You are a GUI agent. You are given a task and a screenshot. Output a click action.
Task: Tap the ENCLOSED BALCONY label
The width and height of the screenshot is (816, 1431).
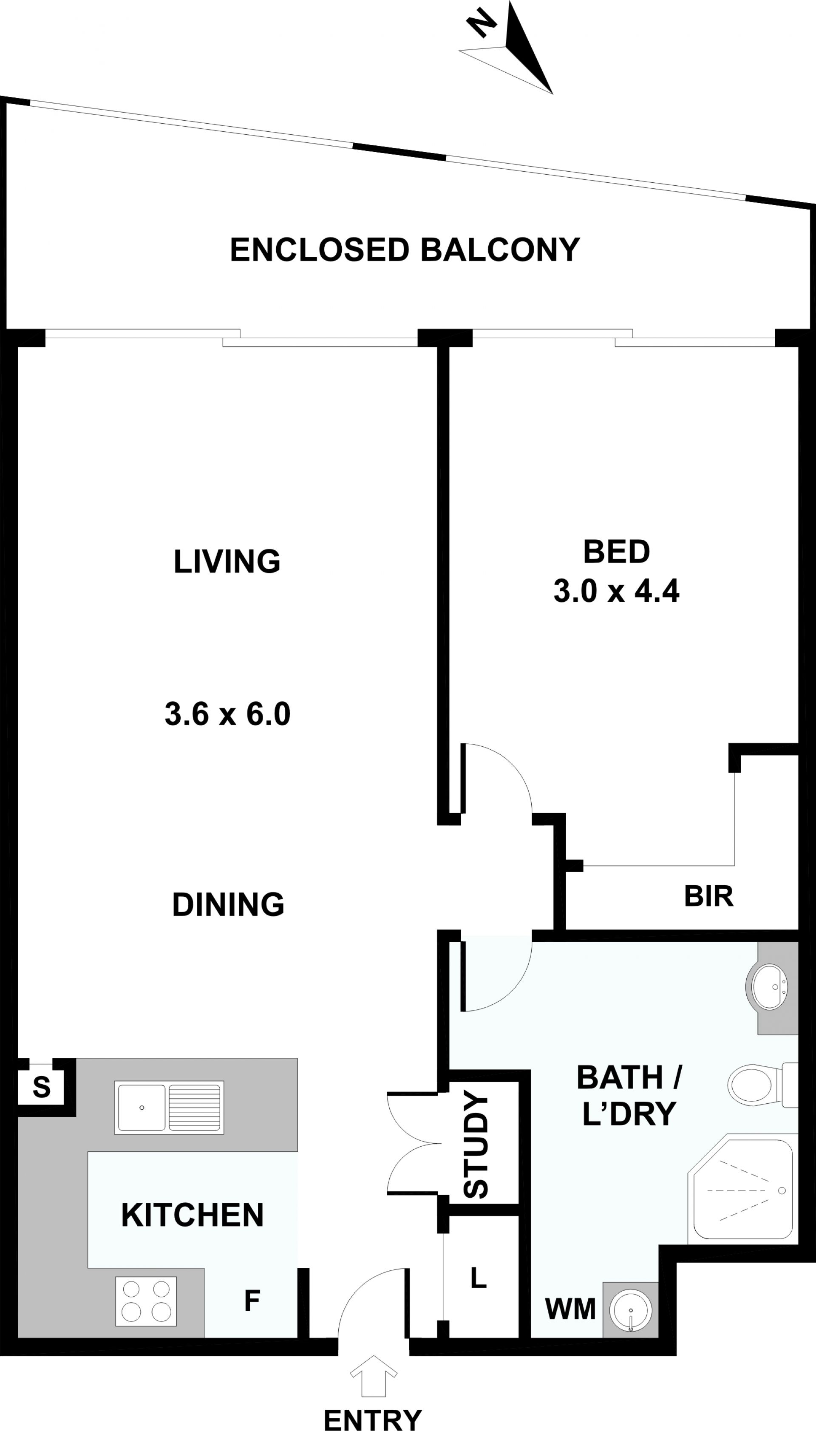[405, 250]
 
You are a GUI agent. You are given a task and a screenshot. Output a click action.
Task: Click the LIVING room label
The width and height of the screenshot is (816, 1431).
[227, 561]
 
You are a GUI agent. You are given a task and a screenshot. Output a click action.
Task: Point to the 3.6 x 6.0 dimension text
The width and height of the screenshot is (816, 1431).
[227, 714]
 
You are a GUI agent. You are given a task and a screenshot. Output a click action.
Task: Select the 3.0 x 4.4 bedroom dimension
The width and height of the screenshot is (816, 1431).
[617, 591]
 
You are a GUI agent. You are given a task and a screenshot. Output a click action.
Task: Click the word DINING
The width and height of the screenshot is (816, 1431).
[228, 905]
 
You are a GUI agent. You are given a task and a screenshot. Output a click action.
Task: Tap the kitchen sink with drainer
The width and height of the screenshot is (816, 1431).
[169, 1108]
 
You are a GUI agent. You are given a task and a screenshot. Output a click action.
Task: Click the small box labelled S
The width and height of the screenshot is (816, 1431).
[42, 1088]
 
